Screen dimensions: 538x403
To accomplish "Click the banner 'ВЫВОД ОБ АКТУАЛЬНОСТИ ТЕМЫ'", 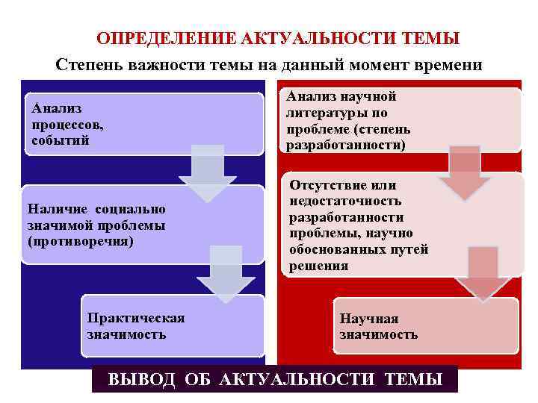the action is coord(275,379).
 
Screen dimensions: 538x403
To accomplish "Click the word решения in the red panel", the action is coord(318,266).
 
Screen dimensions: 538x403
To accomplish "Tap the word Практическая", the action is coord(135,319).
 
